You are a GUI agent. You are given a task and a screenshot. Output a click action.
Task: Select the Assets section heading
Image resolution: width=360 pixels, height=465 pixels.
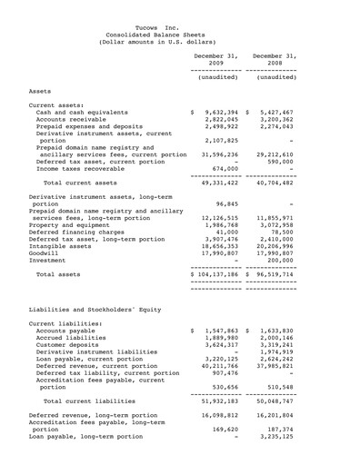tap(40, 92)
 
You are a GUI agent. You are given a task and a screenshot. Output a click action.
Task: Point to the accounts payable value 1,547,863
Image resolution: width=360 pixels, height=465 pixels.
tap(219, 358)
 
